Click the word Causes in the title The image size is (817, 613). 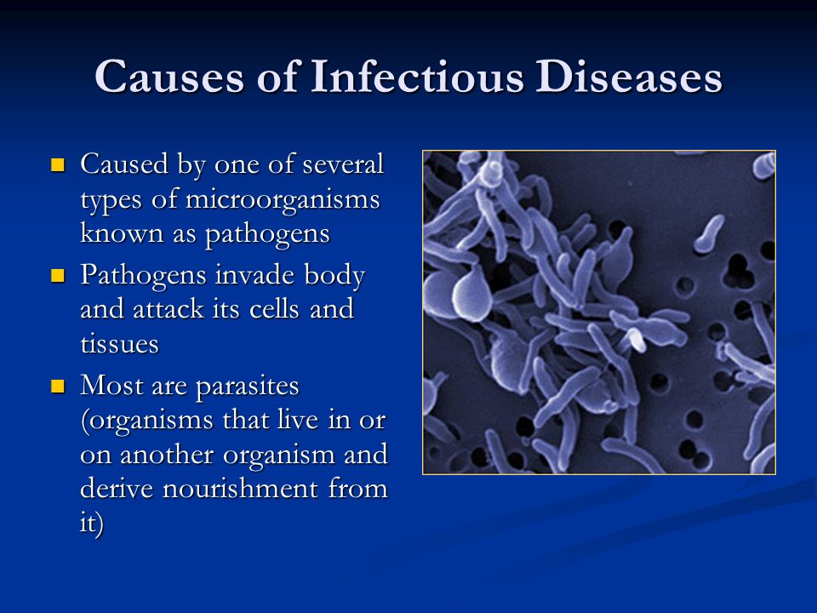point(169,77)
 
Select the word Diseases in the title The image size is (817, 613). point(629,76)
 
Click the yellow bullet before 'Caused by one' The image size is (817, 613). point(57,165)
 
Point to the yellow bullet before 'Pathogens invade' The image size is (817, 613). point(57,275)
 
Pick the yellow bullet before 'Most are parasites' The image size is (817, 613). point(57,387)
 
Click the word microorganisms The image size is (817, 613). point(283,199)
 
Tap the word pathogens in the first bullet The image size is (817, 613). point(267,234)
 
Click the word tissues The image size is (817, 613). point(119,343)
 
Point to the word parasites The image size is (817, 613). point(248,387)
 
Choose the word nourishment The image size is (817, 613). point(240,489)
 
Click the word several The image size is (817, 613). point(343,164)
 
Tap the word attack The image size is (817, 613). point(169,309)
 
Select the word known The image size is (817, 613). point(122,233)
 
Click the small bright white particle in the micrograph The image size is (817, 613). point(637,340)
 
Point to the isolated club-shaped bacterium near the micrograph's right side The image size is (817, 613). point(709,234)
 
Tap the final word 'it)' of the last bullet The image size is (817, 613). point(92,523)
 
